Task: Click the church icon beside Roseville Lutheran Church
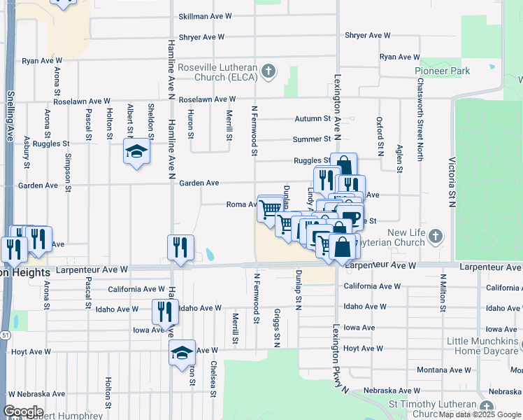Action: click(x=268, y=71)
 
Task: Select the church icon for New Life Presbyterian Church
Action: click(x=436, y=235)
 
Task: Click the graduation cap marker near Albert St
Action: click(x=137, y=152)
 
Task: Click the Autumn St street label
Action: click(x=312, y=119)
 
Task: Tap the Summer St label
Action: click(x=311, y=139)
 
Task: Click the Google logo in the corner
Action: click(x=23, y=411)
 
